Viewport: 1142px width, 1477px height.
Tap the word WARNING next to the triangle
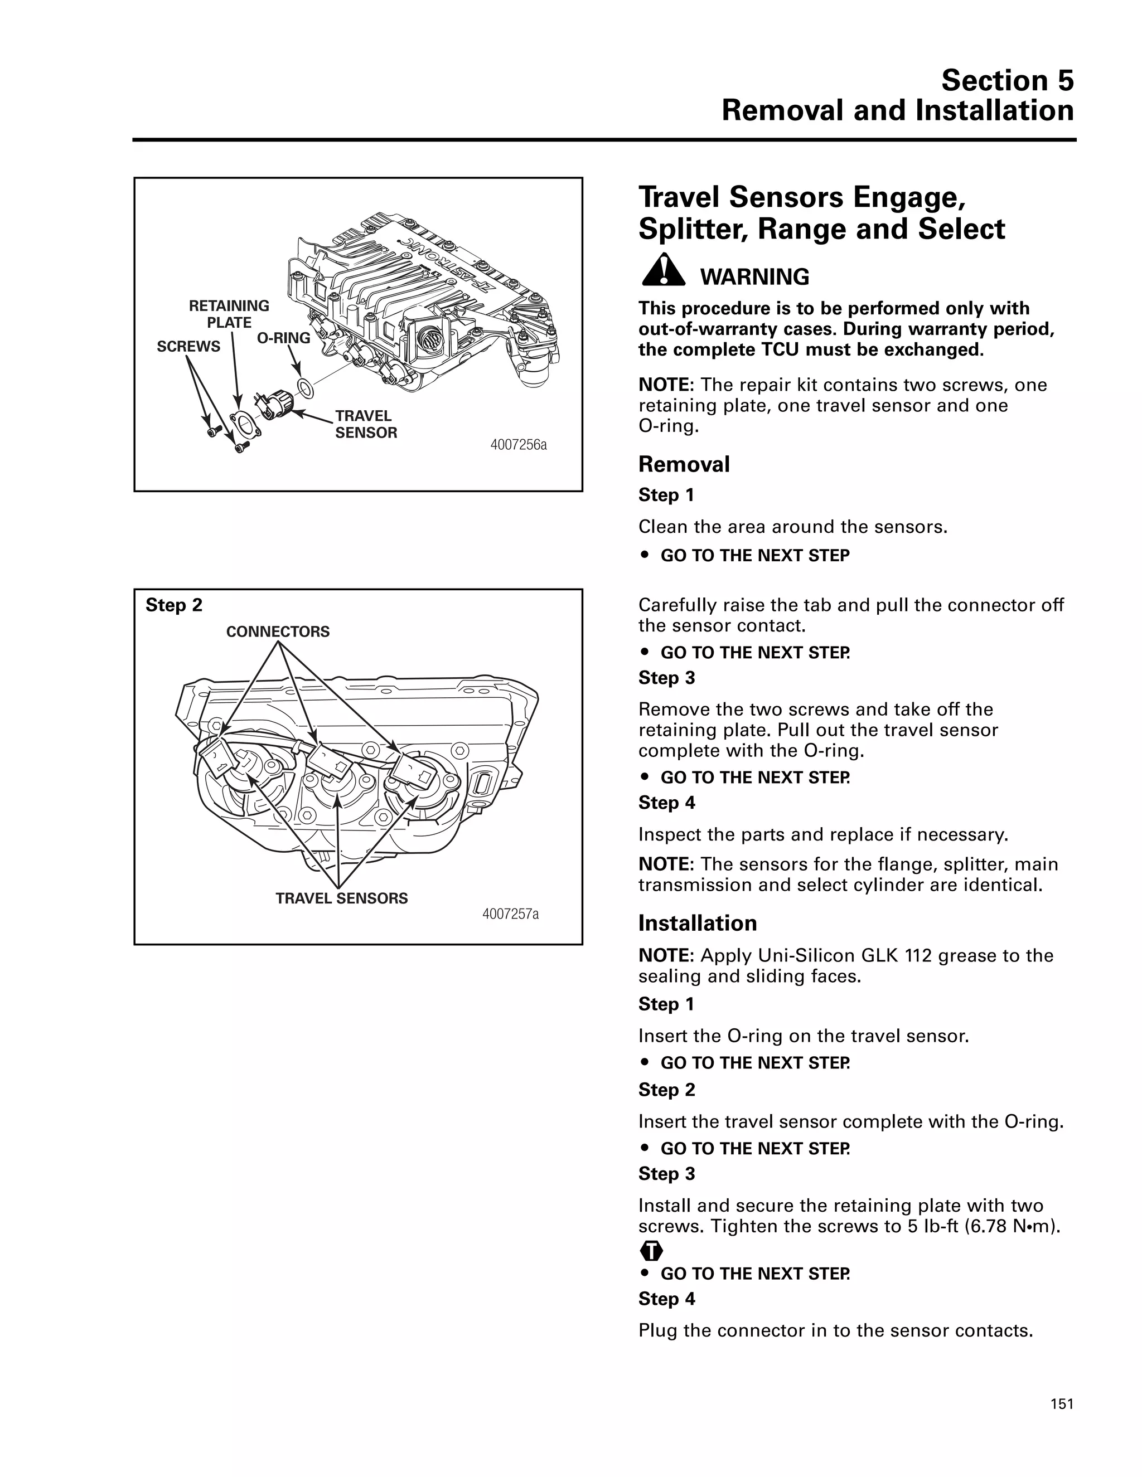(x=754, y=276)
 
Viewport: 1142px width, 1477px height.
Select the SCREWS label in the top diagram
(x=189, y=346)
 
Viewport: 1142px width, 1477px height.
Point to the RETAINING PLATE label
(x=229, y=314)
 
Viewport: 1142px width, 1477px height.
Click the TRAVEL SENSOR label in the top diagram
(x=365, y=424)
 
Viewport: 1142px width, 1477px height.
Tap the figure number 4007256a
(x=518, y=445)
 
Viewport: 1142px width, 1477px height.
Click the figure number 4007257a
(x=510, y=914)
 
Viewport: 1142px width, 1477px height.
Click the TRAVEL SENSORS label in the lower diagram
(x=342, y=898)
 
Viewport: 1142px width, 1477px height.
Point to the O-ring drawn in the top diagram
(x=305, y=389)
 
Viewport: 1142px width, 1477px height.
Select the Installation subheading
(x=698, y=922)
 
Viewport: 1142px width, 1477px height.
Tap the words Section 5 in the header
(x=1006, y=80)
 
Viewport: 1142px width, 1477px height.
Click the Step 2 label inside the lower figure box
(x=174, y=605)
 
